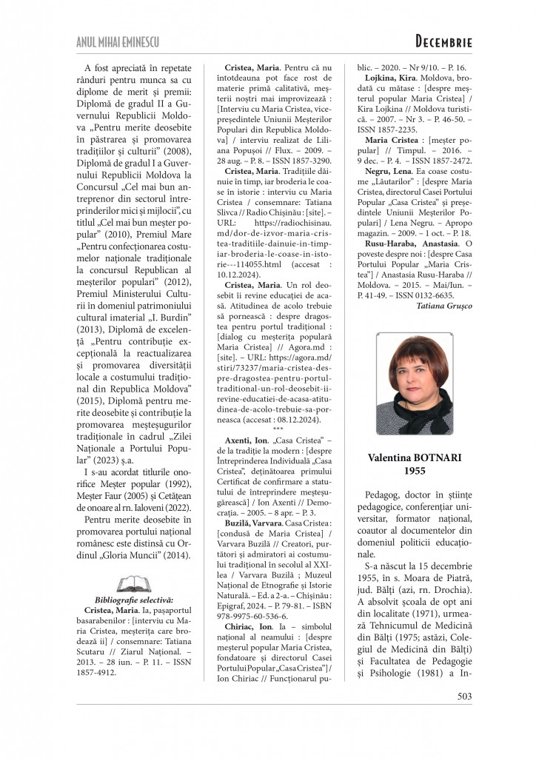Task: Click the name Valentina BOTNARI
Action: pyautogui.click(x=414, y=458)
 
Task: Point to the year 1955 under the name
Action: pyautogui.click(x=414, y=471)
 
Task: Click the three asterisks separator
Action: pyautogui.click(x=278, y=429)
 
